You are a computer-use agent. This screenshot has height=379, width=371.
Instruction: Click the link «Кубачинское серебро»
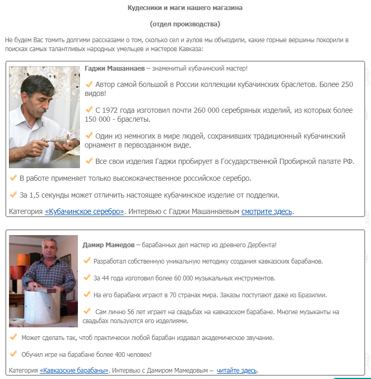85,211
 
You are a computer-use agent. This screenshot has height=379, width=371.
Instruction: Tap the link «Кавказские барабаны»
74,370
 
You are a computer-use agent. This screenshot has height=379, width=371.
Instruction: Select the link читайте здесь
237,370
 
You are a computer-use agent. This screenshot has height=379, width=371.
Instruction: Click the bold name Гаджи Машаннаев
114,69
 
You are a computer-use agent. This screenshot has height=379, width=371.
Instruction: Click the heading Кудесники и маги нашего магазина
185,8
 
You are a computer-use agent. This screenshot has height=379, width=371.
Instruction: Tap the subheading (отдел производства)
185,24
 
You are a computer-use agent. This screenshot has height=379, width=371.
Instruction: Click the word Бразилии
313,295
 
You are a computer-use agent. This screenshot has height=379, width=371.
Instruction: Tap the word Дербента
258,245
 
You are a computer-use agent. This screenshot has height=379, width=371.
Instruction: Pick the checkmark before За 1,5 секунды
13,195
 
